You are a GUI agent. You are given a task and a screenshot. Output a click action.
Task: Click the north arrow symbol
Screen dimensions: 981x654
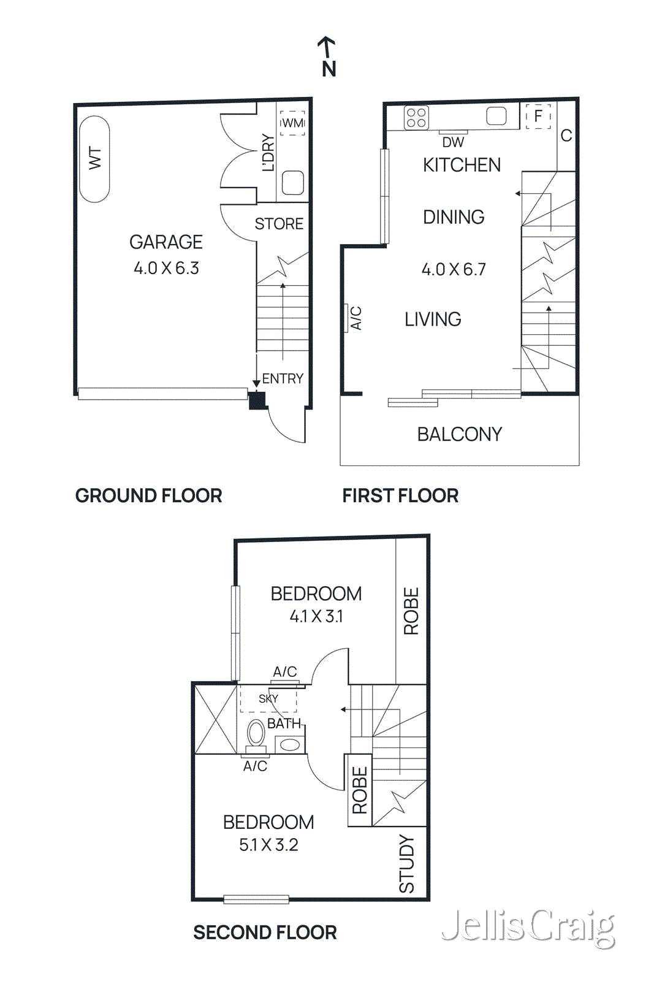pyautogui.click(x=327, y=55)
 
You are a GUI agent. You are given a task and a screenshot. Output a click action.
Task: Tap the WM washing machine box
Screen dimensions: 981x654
pyautogui.click(x=292, y=123)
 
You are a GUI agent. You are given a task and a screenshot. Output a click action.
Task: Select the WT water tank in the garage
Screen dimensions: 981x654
pyautogui.click(x=94, y=158)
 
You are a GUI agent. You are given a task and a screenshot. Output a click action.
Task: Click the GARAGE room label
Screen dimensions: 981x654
pyautogui.click(x=165, y=242)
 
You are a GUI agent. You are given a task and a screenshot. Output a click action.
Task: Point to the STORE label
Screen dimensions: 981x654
pyautogui.click(x=279, y=224)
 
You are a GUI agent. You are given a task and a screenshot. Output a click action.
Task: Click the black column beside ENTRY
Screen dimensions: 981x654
pyautogui.click(x=257, y=400)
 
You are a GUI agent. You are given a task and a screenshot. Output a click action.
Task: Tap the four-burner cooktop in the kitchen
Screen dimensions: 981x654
pyautogui.click(x=416, y=118)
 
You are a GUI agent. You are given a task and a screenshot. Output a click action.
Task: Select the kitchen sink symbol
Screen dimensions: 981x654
pyautogui.click(x=496, y=116)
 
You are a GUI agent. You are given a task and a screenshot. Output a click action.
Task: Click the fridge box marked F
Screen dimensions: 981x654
pyautogui.click(x=538, y=116)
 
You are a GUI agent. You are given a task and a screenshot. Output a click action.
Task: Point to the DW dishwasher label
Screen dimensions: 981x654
pyautogui.click(x=453, y=142)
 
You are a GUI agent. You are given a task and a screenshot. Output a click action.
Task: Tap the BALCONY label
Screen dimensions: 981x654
pyautogui.click(x=459, y=434)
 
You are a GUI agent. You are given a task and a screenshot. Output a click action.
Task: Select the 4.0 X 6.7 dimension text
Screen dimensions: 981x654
pyautogui.click(x=453, y=269)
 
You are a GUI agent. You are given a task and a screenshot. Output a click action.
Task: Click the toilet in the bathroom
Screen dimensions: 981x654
pyautogui.click(x=256, y=733)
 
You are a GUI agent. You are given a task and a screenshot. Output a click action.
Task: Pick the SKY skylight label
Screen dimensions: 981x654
pyautogui.click(x=268, y=698)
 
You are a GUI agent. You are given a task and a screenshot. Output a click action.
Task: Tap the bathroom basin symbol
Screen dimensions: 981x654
pyautogui.click(x=289, y=745)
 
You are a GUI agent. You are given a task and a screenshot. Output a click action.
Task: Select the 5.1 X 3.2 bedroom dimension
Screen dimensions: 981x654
pyautogui.click(x=268, y=845)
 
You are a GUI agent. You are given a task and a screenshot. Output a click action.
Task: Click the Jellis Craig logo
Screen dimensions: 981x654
pyautogui.click(x=528, y=927)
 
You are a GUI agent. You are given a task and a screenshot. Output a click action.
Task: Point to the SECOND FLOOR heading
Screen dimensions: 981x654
pyautogui.click(x=265, y=933)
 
